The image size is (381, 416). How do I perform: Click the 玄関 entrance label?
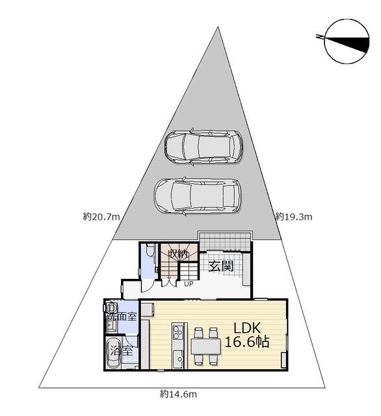pos(221,266)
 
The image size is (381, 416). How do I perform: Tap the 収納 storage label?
pos(178,255)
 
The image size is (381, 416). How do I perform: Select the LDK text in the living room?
pos(247,328)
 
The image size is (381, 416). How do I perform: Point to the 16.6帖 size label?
pos(247,342)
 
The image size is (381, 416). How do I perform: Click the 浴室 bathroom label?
pos(122,351)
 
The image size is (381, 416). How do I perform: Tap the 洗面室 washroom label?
pos(122,317)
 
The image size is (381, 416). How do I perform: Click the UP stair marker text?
pos(189,284)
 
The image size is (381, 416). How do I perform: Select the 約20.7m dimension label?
pos(101,217)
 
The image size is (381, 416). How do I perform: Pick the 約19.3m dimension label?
pos(293,217)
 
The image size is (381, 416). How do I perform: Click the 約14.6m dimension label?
pos(178,395)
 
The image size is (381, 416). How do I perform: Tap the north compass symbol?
pos(347,42)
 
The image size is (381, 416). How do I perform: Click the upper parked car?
pos(204,147)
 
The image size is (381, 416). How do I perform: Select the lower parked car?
pos(198,196)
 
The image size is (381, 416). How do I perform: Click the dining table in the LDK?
pos(206,346)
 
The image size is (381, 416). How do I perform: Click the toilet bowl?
pos(150,250)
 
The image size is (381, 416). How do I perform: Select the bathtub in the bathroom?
pos(113,352)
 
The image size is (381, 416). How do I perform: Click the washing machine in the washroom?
pos(111,307)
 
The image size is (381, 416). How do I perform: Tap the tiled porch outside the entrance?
pos(225,241)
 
